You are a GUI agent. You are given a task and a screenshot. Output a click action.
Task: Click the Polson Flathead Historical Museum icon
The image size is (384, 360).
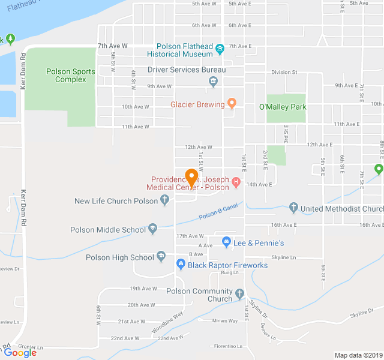coord(220,49)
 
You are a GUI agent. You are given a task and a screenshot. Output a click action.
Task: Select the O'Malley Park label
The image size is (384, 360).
coord(283,107)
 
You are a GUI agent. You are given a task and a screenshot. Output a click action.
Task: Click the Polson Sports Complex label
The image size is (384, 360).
coord(71,76)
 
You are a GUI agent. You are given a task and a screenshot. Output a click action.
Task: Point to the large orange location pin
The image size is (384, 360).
coord(192,178)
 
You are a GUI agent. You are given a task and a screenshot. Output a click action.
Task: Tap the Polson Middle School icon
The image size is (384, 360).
coord(153,229)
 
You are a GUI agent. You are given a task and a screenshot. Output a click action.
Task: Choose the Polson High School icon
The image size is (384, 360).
coord(161,257)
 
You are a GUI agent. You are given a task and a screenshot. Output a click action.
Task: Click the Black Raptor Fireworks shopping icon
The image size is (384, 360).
coord(180,265)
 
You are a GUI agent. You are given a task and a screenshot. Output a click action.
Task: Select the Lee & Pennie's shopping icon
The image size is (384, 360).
coord(226,242)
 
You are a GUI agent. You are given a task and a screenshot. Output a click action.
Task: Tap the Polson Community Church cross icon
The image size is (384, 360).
coord(240,295)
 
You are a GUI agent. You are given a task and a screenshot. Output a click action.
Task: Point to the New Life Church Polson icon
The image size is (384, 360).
coord(165,201)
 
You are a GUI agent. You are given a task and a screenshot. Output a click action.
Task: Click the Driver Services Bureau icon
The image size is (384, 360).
coord(213,82)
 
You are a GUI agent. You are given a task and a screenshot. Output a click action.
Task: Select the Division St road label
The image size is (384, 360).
coord(284,72)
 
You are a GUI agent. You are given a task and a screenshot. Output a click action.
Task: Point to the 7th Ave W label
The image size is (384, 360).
coord(113,46)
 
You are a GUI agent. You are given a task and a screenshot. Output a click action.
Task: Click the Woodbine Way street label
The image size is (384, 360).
coord(167,322)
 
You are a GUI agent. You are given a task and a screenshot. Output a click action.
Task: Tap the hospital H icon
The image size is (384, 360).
coord(236,182)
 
